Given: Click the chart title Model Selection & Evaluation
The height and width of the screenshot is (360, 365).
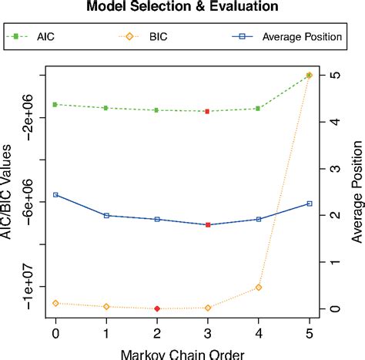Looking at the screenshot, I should pos(182,8).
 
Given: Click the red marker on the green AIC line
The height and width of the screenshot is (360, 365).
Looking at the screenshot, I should pos(208,111).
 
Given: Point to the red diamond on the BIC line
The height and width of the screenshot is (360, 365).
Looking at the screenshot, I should pos(157,308).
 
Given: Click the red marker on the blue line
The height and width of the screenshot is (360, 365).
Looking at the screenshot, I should pos(208,224).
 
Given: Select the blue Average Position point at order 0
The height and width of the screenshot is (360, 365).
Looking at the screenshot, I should pos(55,195).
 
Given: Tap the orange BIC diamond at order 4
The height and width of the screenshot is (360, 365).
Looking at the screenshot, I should pos(259,287).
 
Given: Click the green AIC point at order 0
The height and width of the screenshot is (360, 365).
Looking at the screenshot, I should pos(55,104).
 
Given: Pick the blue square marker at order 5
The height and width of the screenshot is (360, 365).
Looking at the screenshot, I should pos(310,204).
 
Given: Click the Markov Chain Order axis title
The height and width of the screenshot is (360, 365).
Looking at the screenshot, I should pos(182,353).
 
